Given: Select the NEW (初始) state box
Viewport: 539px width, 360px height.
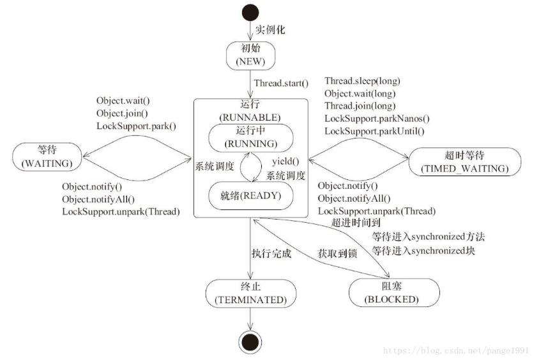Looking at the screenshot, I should pyautogui.click(x=250, y=56).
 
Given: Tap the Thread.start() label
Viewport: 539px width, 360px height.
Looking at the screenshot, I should pyautogui.click(x=281, y=83).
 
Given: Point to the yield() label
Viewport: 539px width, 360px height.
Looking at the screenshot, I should pyautogui.click(x=284, y=162).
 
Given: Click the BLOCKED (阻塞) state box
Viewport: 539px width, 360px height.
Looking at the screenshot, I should pyautogui.click(x=393, y=292).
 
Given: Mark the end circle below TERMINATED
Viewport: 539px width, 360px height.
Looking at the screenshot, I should pyautogui.click(x=250, y=342).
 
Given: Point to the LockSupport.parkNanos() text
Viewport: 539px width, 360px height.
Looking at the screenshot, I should pyautogui.click(x=377, y=118).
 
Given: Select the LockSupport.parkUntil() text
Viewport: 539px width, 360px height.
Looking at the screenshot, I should pyautogui.click(x=374, y=131).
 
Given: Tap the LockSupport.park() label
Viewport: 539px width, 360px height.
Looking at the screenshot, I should pyautogui.click(x=136, y=126).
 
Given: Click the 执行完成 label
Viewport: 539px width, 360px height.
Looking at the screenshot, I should pyautogui.click(x=271, y=253).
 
